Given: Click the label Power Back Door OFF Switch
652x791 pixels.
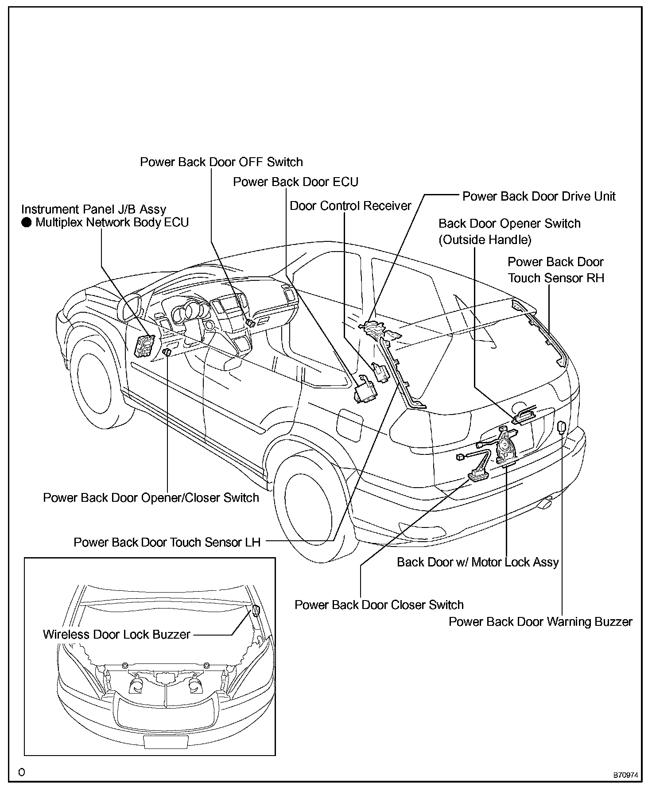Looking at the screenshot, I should (221, 162).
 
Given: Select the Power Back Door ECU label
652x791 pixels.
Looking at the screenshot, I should (295, 182).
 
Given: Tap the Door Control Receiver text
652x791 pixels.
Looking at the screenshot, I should (350, 206).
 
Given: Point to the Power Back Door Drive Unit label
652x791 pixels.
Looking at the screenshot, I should (539, 196).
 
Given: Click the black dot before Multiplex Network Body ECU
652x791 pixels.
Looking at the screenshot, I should (27, 222).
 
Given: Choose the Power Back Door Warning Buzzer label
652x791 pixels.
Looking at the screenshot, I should (540, 622).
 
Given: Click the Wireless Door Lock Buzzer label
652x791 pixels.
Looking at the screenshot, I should (116, 634).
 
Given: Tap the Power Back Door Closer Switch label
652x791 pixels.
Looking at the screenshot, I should (379, 605).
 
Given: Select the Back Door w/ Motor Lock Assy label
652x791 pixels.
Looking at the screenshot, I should (477, 562).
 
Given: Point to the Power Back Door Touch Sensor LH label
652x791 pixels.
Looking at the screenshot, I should (167, 543).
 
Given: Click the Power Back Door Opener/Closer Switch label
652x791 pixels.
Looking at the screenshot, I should (151, 498).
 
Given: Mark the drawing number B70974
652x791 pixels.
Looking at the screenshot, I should (625, 775).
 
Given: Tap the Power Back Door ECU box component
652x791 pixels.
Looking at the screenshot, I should (365, 390).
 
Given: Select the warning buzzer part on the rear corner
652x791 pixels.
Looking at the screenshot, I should (562, 427).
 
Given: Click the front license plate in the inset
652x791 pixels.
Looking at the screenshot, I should (166, 741).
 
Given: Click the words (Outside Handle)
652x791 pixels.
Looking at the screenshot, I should (485, 240).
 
